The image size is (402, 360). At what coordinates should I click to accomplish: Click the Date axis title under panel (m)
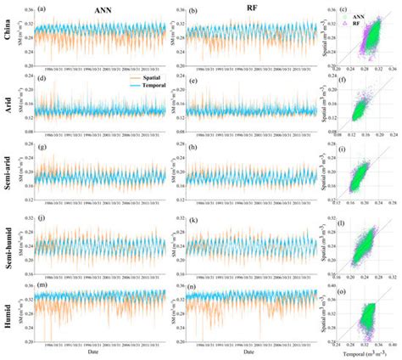point(92,353)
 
